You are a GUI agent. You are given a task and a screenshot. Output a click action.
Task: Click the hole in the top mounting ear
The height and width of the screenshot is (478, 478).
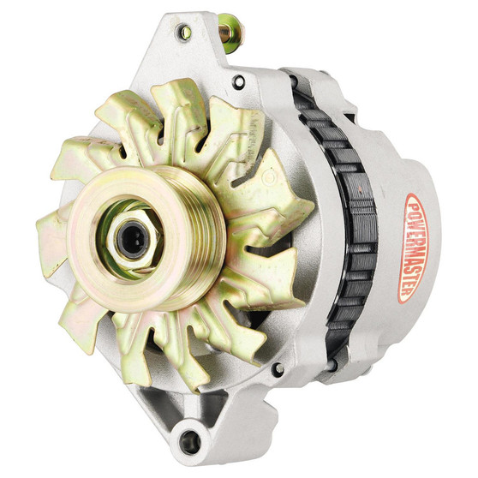[184, 33]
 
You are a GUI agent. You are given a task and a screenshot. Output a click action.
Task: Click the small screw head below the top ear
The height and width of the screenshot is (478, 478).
[237, 81]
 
